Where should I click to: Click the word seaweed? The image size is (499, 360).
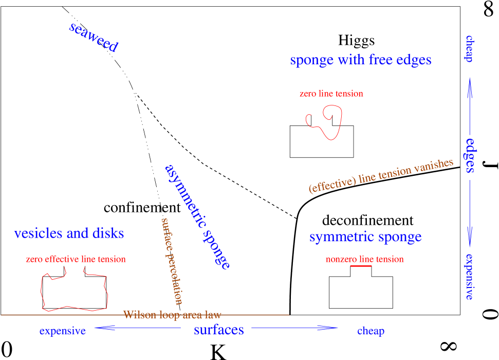click(x=94, y=38)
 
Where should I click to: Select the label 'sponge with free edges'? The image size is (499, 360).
click(x=360, y=60)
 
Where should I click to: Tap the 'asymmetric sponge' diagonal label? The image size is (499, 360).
click(x=197, y=217)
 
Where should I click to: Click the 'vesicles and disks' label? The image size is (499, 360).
click(x=69, y=233)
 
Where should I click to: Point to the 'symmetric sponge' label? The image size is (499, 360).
click(x=365, y=237)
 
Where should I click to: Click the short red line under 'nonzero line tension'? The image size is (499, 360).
click(x=361, y=266)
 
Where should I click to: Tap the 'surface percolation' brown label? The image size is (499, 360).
click(x=172, y=261)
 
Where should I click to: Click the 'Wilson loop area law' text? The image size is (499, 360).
click(x=172, y=315)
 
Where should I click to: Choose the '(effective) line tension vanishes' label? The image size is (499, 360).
click(x=381, y=176)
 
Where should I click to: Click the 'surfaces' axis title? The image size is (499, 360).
click(x=218, y=330)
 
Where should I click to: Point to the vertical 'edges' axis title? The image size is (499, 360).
click(x=470, y=155)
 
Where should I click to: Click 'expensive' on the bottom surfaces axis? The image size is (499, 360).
click(x=62, y=331)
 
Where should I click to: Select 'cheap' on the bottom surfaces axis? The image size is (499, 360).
click(x=371, y=331)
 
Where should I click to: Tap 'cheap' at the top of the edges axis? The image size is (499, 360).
click(x=469, y=49)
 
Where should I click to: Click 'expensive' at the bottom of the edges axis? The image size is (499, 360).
click(x=469, y=276)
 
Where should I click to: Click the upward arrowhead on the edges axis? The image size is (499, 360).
click(x=470, y=85)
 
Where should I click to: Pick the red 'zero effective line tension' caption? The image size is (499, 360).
click(x=76, y=259)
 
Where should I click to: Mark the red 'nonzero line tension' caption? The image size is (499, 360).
click(x=364, y=259)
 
